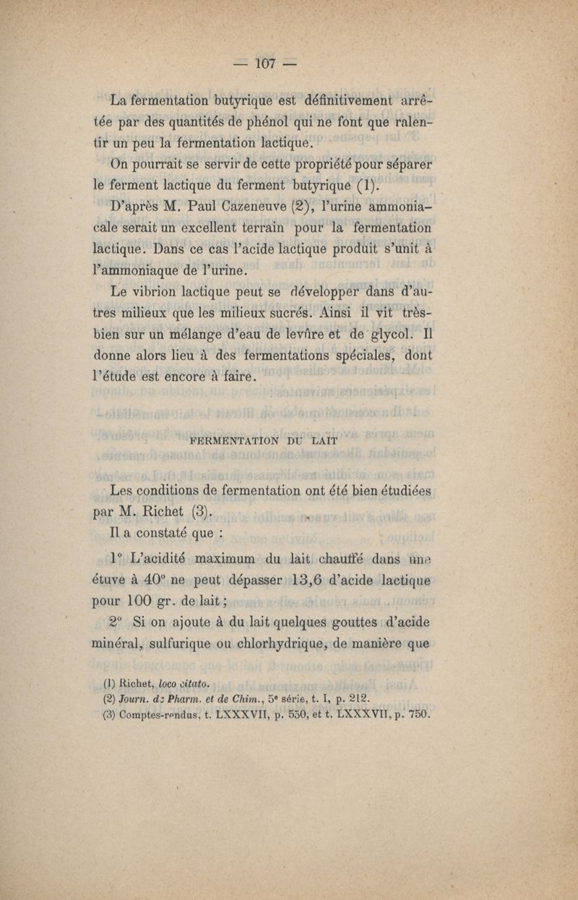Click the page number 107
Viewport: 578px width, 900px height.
pos(264,64)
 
